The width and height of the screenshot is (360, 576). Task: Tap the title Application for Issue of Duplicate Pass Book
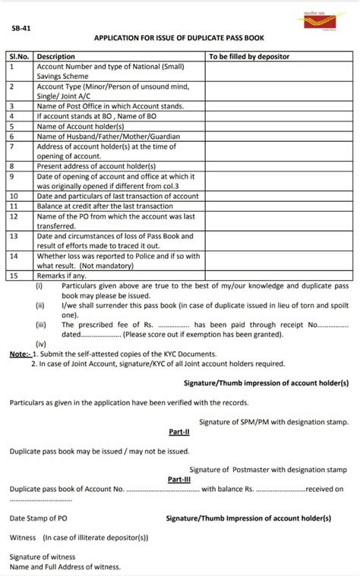(x=179, y=38)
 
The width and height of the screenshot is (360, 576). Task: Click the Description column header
(x=56, y=56)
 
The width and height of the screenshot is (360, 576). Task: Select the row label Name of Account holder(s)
(x=77, y=127)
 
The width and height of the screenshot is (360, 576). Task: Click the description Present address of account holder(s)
(x=96, y=165)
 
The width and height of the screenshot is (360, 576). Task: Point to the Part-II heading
(x=178, y=431)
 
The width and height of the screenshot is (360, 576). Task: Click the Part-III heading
(x=178, y=480)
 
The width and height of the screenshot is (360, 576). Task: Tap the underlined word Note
(x=21, y=354)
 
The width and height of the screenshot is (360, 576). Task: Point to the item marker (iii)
(x=41, y=324)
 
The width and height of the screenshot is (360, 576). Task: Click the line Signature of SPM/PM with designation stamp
(x=273, y=421)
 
